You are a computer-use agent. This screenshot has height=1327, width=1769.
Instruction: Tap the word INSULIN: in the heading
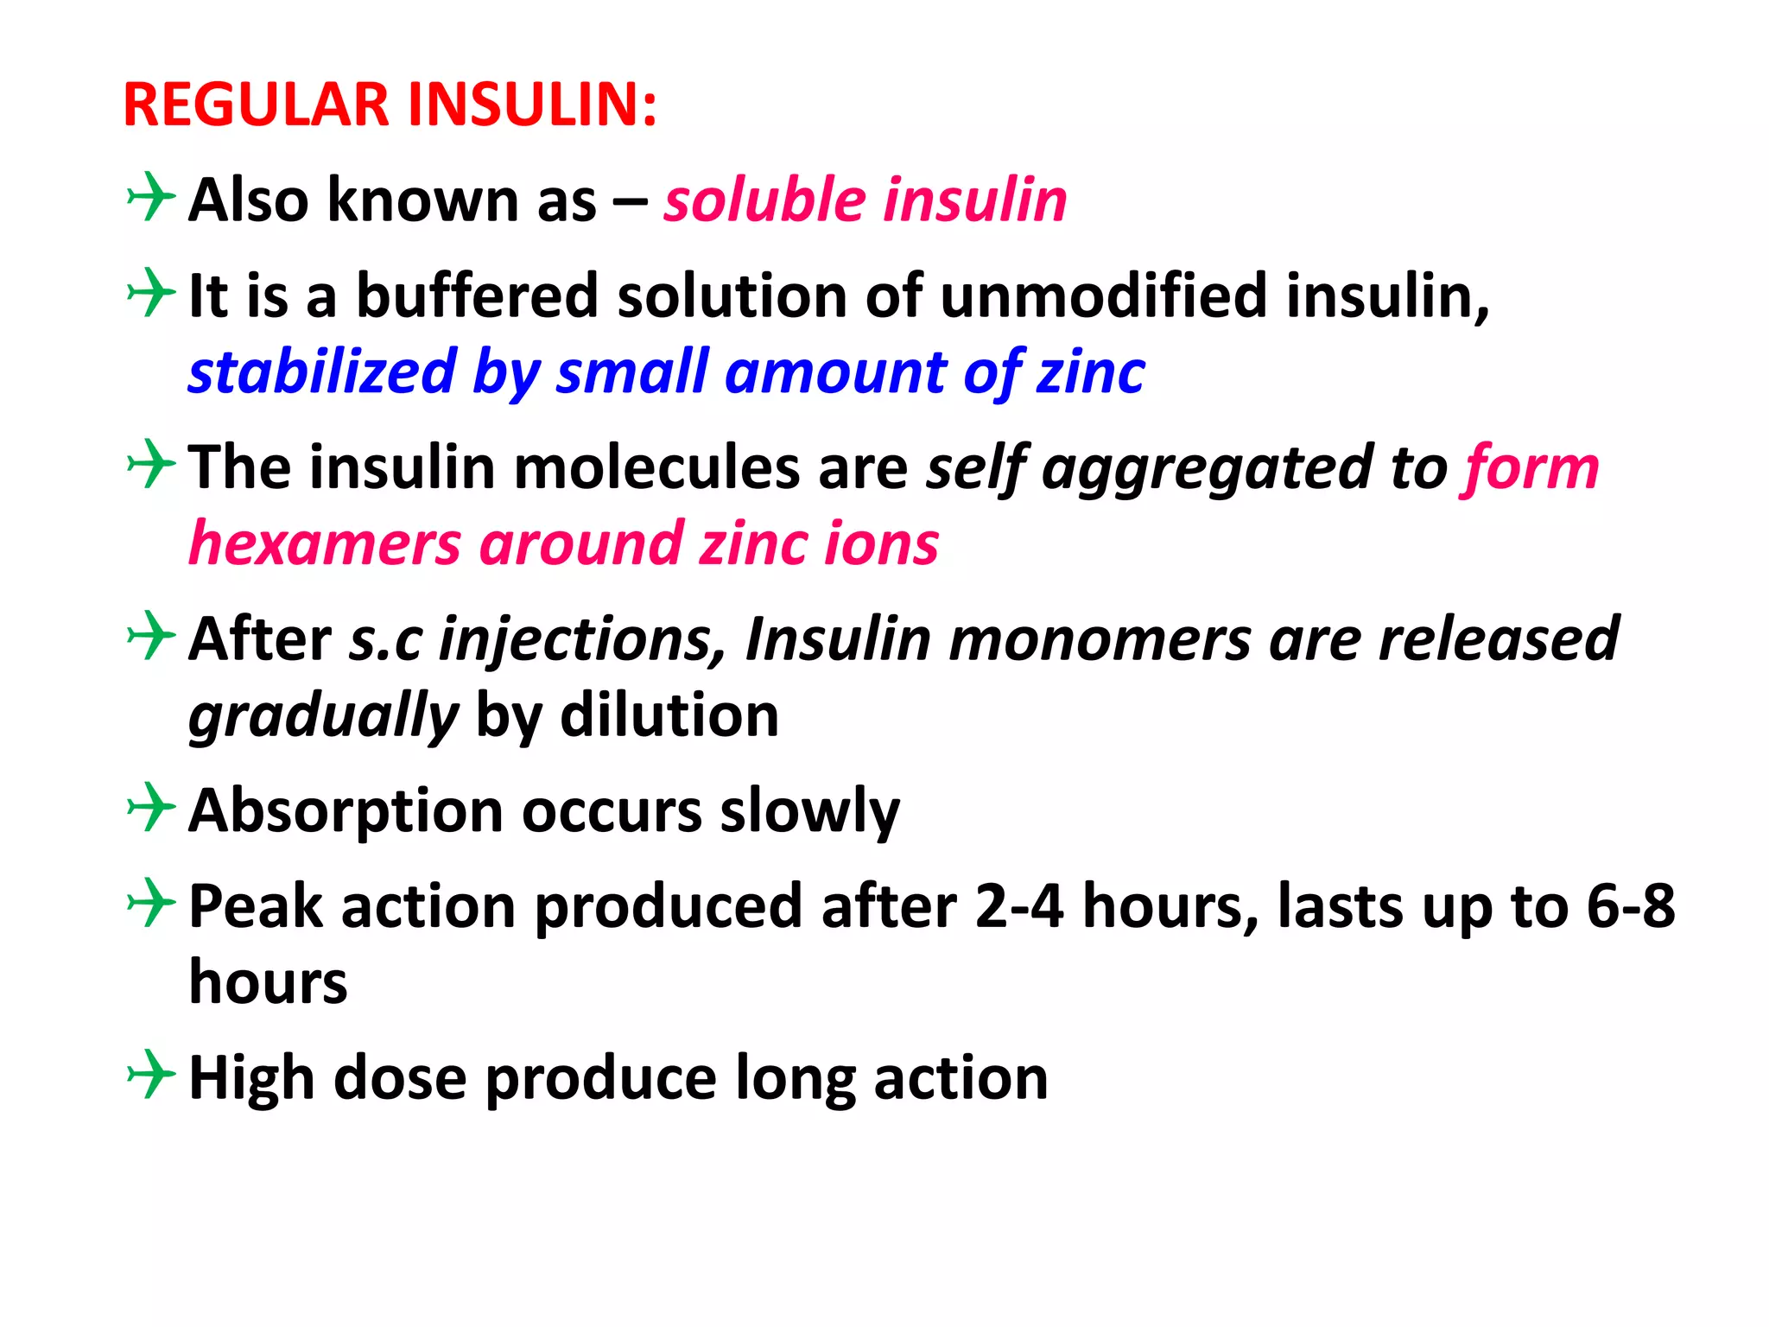(x=532, y=105)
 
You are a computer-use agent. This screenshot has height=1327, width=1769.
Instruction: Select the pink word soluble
(x=764, y=200)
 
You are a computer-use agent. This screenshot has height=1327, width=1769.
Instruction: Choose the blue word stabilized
(x=322, y=373)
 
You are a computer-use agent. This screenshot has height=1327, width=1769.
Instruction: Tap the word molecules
(x=657, y=468)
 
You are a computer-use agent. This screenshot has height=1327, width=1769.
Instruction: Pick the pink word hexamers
(x=324, y=545)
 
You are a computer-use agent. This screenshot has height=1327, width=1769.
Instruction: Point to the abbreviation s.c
(x=386, y=640)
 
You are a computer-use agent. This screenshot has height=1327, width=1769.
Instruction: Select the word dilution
(x=669, y=717)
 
